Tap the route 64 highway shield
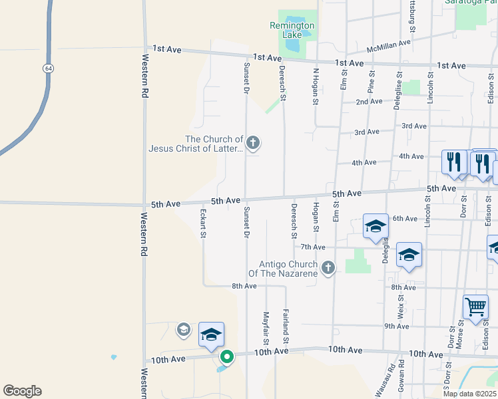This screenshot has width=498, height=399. [48, 68]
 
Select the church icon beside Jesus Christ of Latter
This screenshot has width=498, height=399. [252, 142]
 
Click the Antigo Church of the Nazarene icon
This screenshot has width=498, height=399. [327, 268]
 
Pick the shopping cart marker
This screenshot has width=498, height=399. [476, 307]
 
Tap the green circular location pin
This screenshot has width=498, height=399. [226, 357]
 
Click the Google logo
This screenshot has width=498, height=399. [22, 391]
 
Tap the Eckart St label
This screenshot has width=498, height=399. [204, 224]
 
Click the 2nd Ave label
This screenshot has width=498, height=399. [369, 102]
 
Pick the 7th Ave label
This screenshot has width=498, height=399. [312, 247]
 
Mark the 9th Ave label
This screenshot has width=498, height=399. [396, 326]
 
